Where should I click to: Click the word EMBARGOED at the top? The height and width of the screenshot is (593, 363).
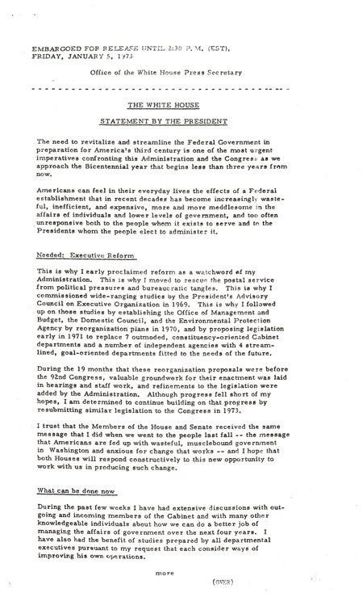tap(53, 48)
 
